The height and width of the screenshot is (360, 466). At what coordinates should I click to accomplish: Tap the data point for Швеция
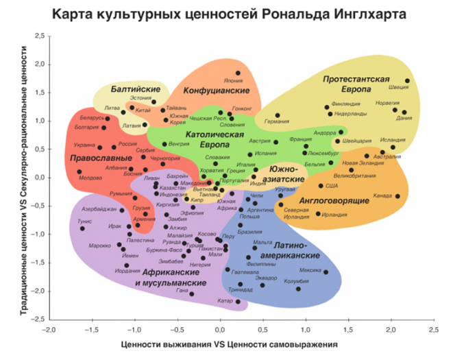pyautogui.click(x=408, y=81)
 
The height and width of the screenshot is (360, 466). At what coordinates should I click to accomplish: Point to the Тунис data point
pyautogui.click(x=82, y=228)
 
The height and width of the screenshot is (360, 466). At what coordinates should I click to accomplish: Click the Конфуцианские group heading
pyautogui.click(x=216, y=91)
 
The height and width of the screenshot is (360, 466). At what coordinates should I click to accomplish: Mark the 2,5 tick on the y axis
pyautogui.click(x=39, y=36)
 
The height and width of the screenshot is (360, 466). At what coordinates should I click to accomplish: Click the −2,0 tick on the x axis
pyautogui.click(x=49, y=329)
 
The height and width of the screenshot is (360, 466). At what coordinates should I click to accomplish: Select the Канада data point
pyautogui.click(x=397, y=197)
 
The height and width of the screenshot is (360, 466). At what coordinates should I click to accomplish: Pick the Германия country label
pyautogui.click(x=277, y=122)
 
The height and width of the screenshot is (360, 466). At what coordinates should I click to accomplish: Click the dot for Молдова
pyautogui.click(x=79, y=171)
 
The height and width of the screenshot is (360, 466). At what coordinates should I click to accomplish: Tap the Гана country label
pyautogui.click(x=182, y=291)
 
